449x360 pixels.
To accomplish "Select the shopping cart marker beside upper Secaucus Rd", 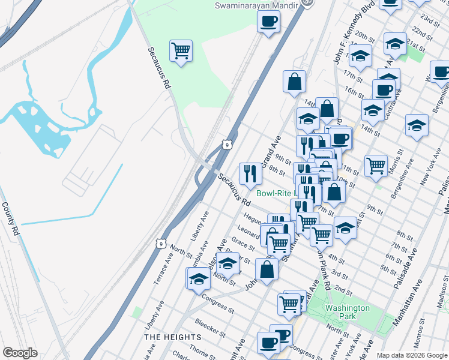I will (x=181, y=50).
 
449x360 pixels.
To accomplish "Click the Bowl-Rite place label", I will (x=274, y=194).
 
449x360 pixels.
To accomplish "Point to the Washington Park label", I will (x=347, y=312).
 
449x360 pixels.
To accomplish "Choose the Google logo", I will (x=20, y=353).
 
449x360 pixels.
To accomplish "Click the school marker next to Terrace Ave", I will (x=199, y=278).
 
